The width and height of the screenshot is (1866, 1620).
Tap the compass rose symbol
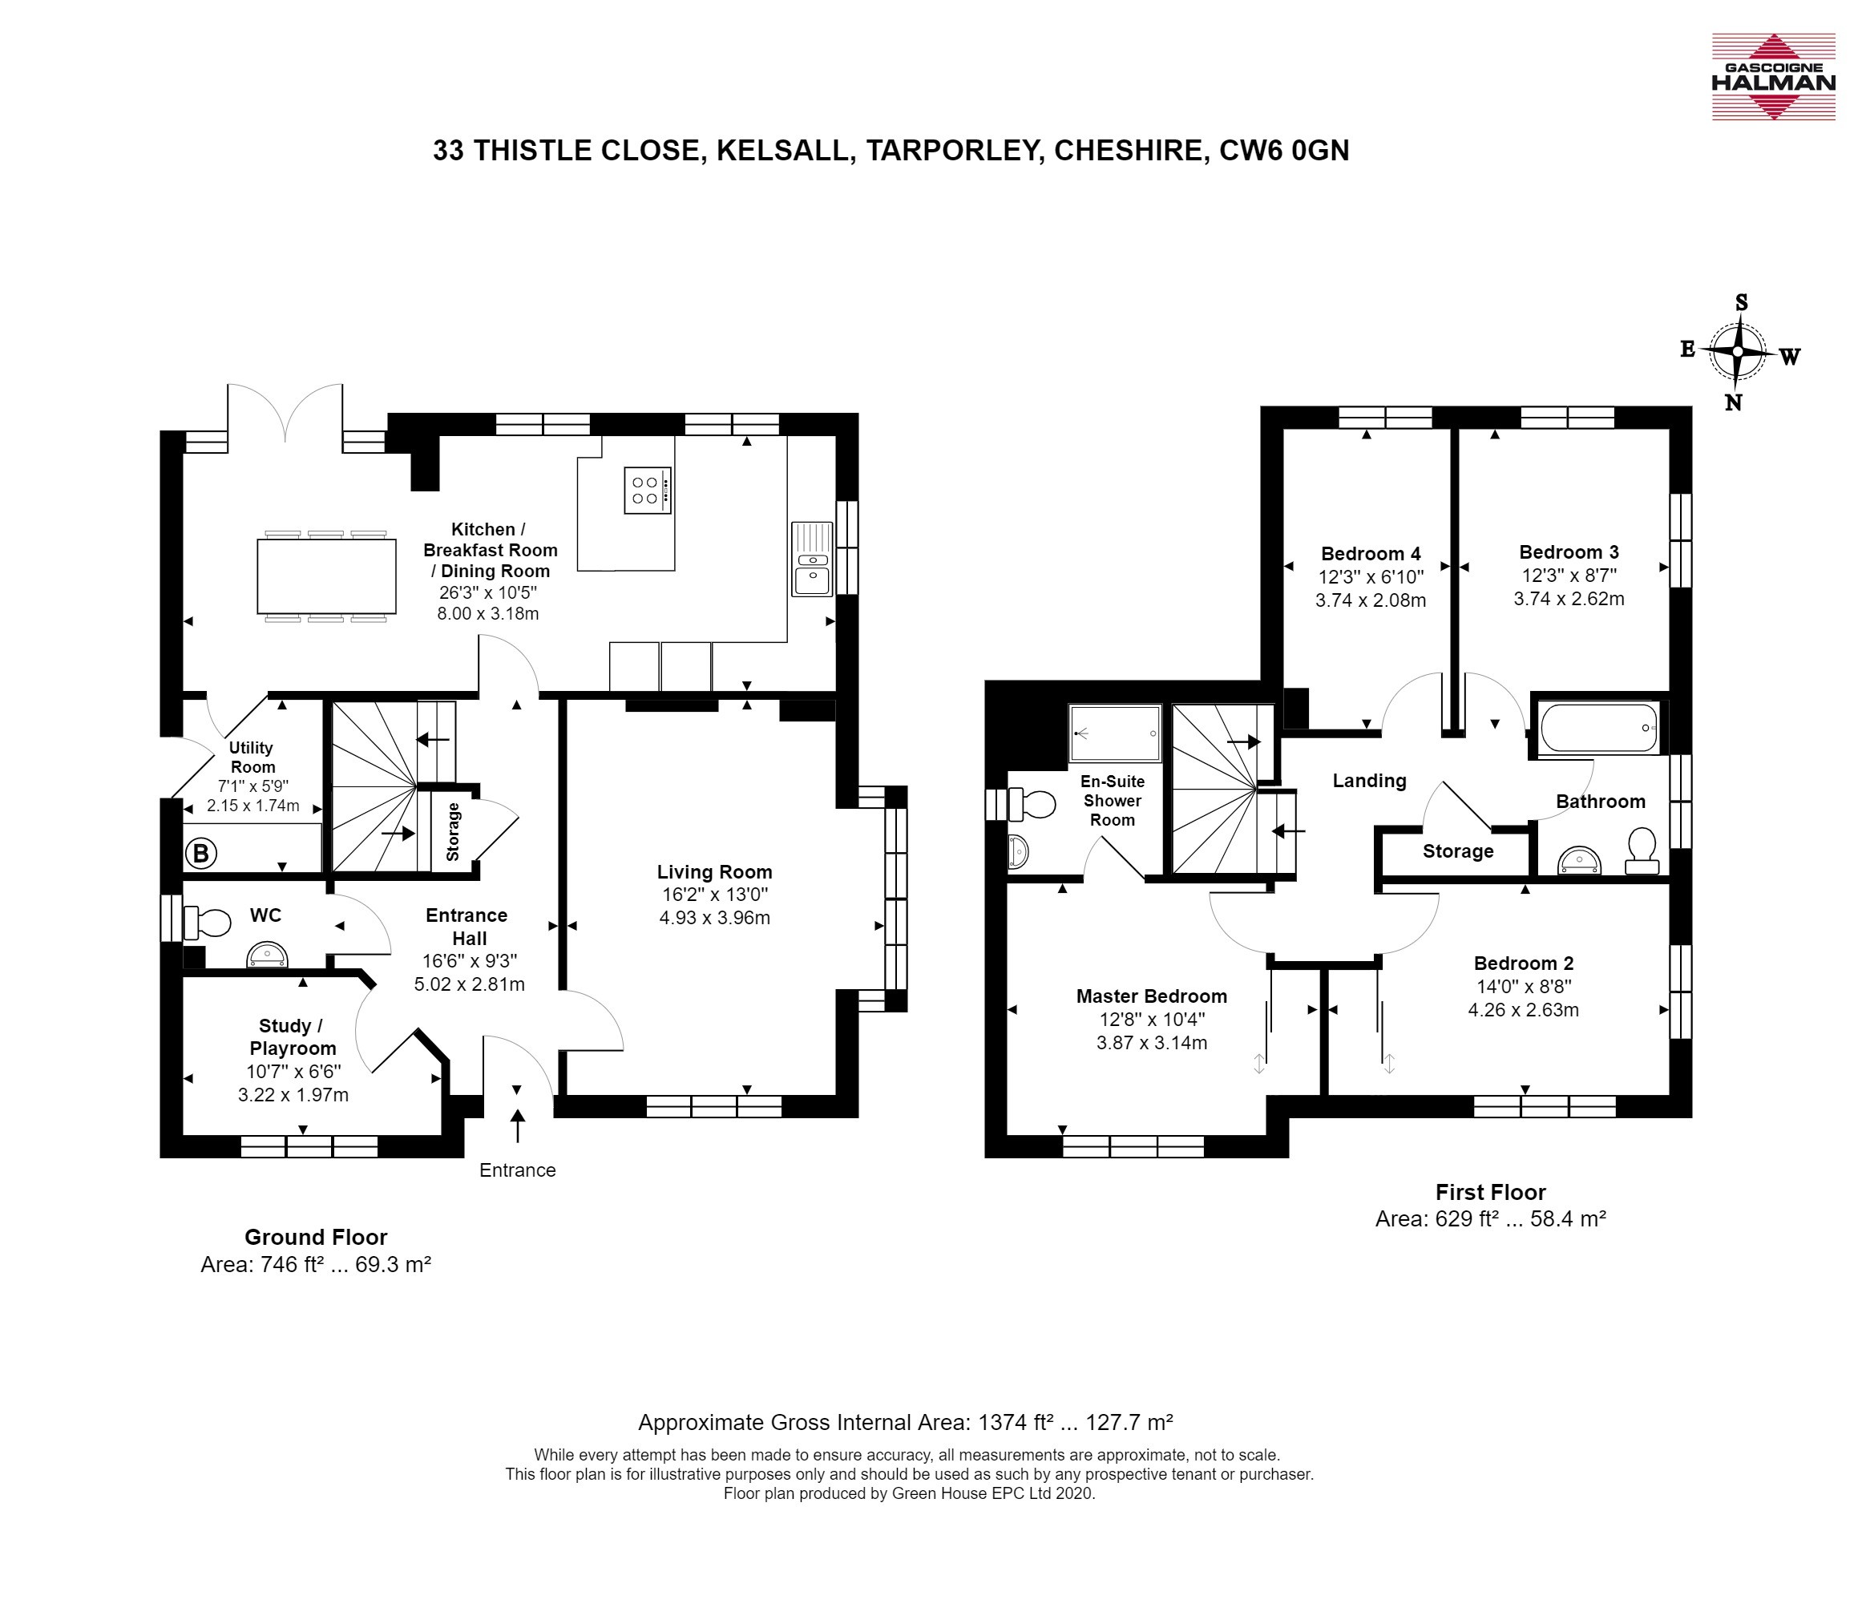click(x=1738, y=352)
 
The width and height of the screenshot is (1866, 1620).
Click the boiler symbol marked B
click(x=200, y=853)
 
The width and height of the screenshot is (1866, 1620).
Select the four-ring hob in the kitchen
click(x=648, y=490)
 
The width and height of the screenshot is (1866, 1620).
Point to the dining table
click(x=326, y=576)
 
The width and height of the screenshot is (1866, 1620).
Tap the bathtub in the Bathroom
click(x=1598, y=728)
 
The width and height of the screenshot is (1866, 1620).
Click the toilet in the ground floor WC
click(x=207, y=922)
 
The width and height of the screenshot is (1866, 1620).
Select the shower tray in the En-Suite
click(x=1115, y=733)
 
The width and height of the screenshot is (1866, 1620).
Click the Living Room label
click(x=714, y=872)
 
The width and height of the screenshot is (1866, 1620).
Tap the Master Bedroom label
click(x=1151, y=996)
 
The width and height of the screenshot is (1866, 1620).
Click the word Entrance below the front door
click(x=517, y=1170)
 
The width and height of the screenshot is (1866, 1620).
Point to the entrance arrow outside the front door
click(x=517, y=1127)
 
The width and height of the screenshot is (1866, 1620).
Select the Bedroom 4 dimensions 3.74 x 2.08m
click(x=1371, y=600)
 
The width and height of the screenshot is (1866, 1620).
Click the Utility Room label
click(x=252, y=757)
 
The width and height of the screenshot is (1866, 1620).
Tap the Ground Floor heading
click(x=316, y=1238)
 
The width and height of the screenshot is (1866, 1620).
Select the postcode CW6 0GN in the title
click(x=1284, y=150)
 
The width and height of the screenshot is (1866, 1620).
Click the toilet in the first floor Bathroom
click(x=1641, y=853)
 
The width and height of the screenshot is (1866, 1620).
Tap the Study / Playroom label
click(x=292, y=1037)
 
